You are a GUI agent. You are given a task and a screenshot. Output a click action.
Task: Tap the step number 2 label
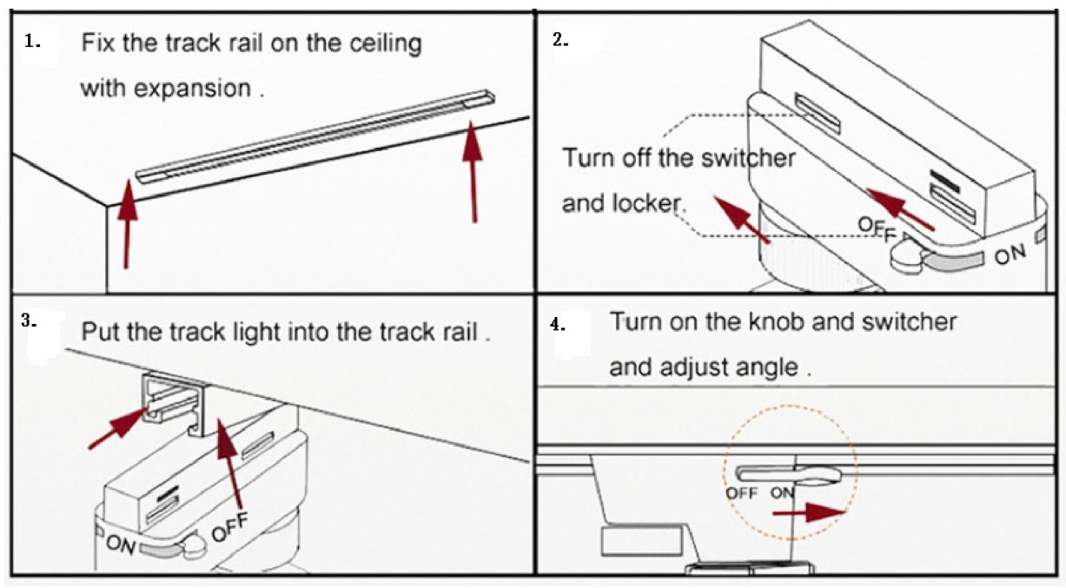point(561,41)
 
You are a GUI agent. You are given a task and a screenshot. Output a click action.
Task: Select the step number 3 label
point(30,320)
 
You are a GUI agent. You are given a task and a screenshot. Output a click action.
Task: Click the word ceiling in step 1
point(384,44)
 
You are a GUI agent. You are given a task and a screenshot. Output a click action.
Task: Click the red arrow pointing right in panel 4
point(808,513)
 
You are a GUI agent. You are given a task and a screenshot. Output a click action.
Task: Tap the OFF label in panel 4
point(742,492)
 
